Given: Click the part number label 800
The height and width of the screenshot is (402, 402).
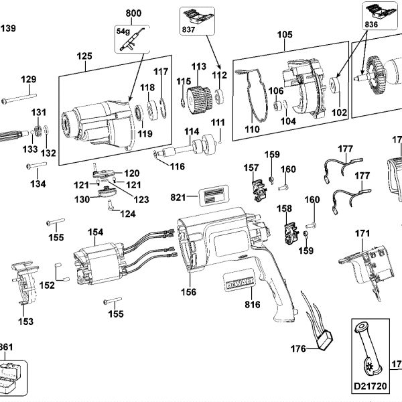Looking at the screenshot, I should pyautogui.click(x=134, y=13).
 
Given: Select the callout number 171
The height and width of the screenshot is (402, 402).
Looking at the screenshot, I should pyautogui.click(x=362, y=233).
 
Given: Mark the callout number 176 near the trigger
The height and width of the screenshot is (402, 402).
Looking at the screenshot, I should pyautogui.click(x=298, y=348).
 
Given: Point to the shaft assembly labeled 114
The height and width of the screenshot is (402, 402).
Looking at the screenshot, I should pyautogui.click(x=194, y=147).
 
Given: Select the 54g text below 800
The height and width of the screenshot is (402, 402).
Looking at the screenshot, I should pyautogui.click(x=123, y=30).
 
